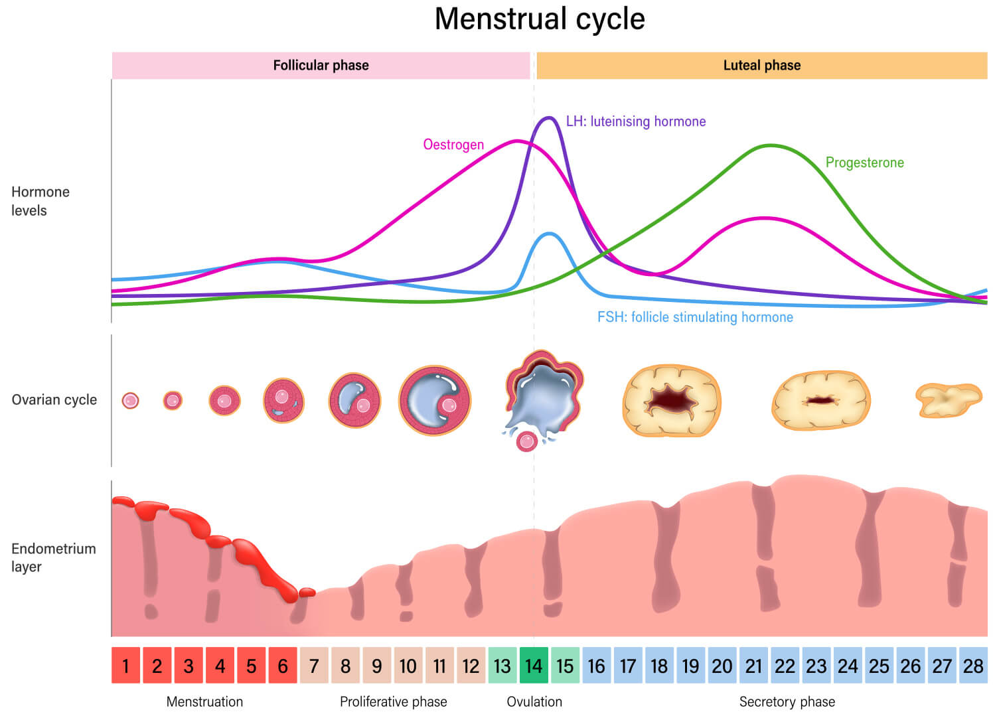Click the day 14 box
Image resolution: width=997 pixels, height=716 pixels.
[x=534, y=666]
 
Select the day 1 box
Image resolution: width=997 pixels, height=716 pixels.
[x=125, y=666]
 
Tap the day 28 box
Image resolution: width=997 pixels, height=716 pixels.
[x=973, y=666]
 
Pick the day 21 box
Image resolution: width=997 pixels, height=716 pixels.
[x=753, y=666]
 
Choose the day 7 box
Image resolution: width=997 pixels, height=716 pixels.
[x=314, y=666]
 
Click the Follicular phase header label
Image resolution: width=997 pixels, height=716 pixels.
[x=321, y=65]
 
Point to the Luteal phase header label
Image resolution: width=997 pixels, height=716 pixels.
[x=761, y=65]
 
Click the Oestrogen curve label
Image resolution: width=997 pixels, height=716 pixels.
[x=453, y=145]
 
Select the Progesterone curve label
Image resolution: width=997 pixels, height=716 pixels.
[x=864, y=163]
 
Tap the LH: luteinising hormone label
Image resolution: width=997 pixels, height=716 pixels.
[x=635, y=121]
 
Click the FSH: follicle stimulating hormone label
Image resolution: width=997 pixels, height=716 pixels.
[x=695, y=317]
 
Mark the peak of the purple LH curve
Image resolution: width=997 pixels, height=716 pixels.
[x=549, y=118]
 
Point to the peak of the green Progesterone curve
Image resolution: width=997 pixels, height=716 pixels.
[x=770, y=145]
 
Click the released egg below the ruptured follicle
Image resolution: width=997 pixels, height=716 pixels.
[x=527, y=441]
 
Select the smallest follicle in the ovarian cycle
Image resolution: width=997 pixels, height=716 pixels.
[x=130, y=401]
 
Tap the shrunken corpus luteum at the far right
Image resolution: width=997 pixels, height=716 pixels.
[x=947, y=399]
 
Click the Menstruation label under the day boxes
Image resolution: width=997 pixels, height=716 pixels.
[x=204, y=701]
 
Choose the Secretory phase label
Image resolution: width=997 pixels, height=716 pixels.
[x=787, y=701]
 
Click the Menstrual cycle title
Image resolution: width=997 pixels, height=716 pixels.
[x=539, y=19]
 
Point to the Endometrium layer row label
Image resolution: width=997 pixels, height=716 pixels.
[x=53, y=557]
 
